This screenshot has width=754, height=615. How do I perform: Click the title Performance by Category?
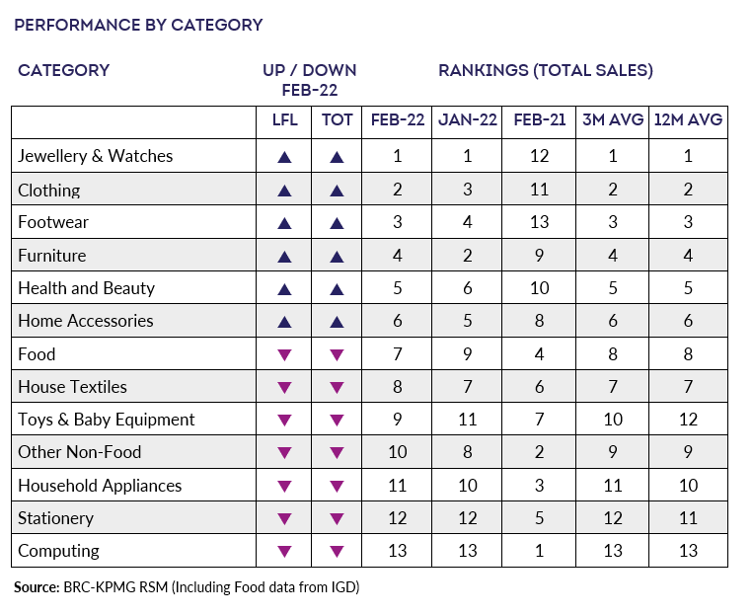pos(138,25)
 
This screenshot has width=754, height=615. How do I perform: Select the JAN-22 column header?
pos(468,119)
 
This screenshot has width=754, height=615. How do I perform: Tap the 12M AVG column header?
pos(688,119)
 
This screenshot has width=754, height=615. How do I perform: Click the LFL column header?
pos(284,119)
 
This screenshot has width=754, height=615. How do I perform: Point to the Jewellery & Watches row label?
pos(95,156)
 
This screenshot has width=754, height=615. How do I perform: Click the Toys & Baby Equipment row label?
pos(107,420)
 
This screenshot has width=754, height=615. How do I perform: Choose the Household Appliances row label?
pos(100,486)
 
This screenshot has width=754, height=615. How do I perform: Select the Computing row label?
pos(58,551)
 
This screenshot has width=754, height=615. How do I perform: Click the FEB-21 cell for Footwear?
pos(540,222)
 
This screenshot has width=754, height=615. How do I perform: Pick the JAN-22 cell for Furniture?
pos(468,256)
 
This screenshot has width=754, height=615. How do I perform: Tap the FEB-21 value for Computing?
pos(540,551)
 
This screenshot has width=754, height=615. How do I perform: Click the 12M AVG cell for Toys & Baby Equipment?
pos(688,420)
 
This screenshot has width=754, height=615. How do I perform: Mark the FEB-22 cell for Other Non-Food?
pos(398,452)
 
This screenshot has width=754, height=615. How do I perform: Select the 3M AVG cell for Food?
pos(613,354)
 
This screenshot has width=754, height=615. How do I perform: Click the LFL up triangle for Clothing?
pos(284,191)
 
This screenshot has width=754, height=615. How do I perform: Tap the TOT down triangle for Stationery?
pos(338,519)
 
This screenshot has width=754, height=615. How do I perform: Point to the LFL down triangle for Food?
pos(284,355)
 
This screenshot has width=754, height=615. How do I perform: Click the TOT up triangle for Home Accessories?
pos(338,322)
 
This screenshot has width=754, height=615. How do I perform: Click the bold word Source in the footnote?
pos(37,587)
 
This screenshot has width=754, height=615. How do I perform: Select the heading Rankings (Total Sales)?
pos(546,71)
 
